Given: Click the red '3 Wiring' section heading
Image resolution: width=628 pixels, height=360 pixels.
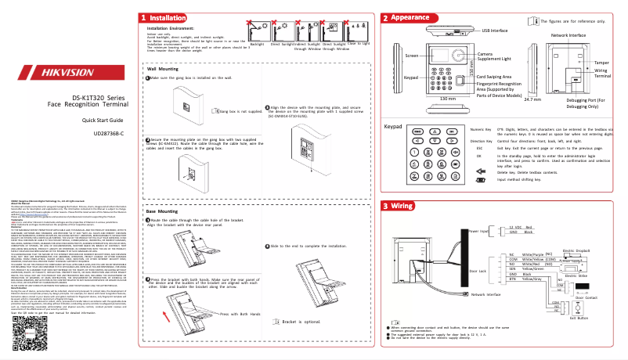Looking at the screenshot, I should pos(402,206).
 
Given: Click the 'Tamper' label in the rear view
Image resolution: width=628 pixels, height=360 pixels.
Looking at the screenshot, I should pos(601,61).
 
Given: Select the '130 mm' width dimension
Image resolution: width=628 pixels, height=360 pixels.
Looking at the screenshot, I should pos(447,99).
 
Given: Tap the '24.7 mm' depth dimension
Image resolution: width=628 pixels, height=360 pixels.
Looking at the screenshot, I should pos(532,99).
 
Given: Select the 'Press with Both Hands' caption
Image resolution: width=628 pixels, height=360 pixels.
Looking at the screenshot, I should pos(220,336).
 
